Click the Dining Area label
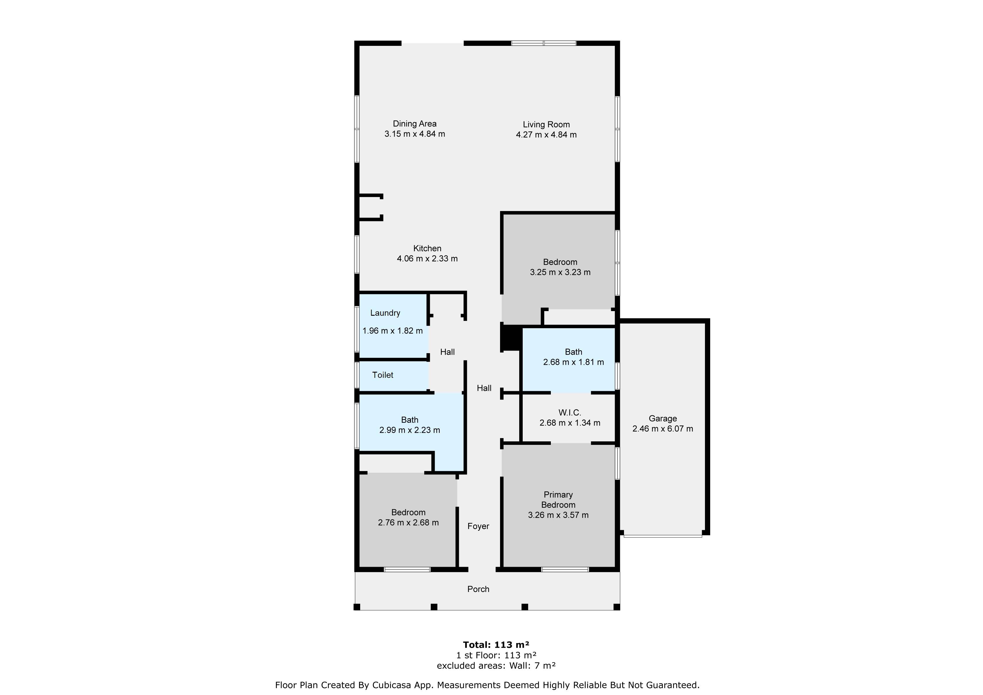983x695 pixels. [414, 124]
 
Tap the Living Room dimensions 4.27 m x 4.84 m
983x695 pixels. [546, 135]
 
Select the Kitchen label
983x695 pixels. [427, 248]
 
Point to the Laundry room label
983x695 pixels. [385, 313]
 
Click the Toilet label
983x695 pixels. [382, 375]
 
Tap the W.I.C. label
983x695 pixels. [569, 413]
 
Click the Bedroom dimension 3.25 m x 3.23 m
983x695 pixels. [560, 272]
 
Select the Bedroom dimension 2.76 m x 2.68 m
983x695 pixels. [408, 523]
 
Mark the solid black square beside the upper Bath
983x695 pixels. [510, 338]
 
